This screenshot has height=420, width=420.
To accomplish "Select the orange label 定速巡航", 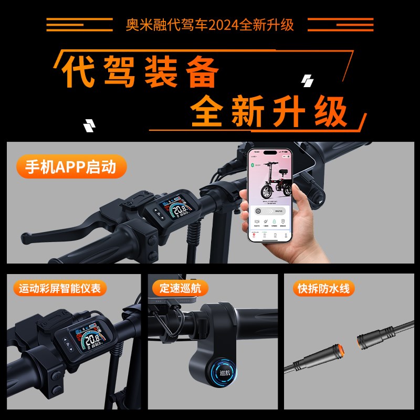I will [180, 288].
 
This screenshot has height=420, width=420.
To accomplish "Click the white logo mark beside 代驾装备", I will [307, 81].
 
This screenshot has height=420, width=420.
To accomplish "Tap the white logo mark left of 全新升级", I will [89, 125].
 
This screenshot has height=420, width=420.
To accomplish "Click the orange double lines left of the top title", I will [79, 25].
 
